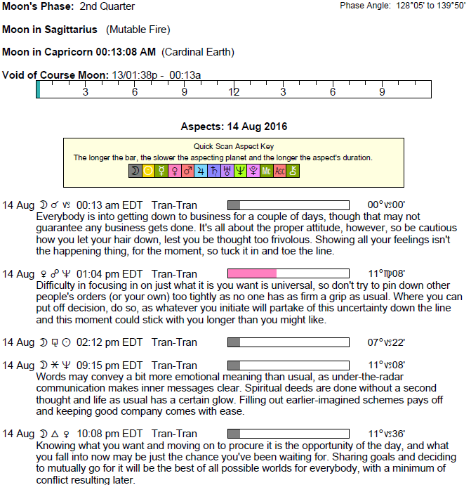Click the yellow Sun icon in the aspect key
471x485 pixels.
click(x=148, y=171)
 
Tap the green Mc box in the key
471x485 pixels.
click(x=266, y=171)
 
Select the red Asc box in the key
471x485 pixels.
click(x=279, y=171)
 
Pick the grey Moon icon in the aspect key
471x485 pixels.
click(x=135, y=171)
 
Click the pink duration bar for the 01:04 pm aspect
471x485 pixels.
click(x=252, y=273)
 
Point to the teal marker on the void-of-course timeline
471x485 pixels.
click(x=39, y=89)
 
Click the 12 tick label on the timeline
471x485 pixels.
click(x=234, y=92)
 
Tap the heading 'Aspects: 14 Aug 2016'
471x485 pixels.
click(x=234, y=127)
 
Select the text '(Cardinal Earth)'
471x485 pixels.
click(x=198, y=52)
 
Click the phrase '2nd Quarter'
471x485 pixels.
click(x=107, y=6)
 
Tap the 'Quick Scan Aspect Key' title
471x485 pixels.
click(x=234, y=146)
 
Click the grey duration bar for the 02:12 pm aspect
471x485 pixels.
click(x=234, y=342)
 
